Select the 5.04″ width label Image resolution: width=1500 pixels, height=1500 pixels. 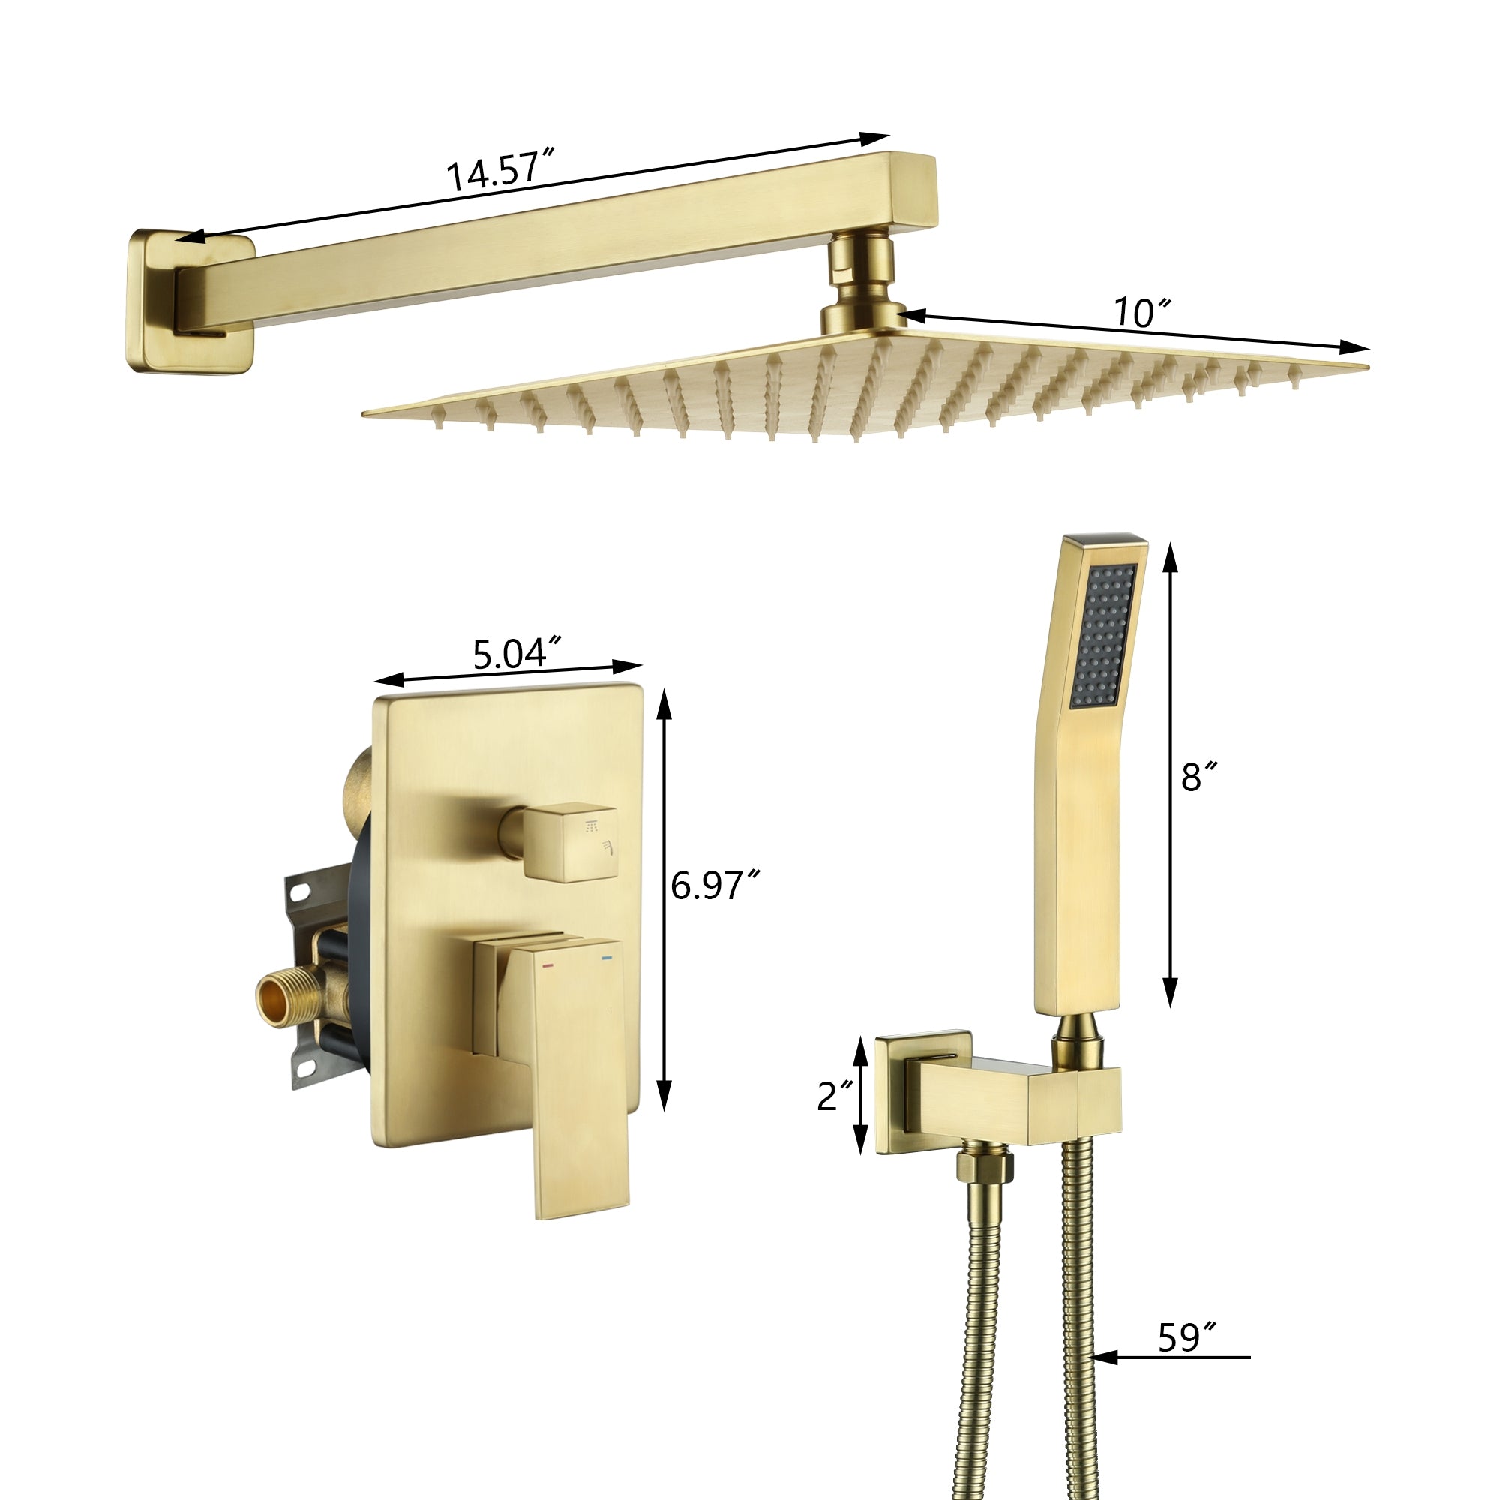(x=517, y=654)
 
